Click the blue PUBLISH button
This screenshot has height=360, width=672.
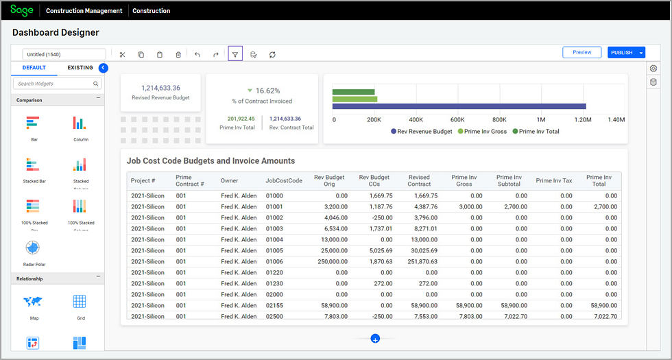click(x=621, y=53)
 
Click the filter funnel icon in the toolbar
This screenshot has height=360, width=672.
click(x=235, y=54)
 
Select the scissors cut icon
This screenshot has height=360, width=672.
click(x=122, y=54)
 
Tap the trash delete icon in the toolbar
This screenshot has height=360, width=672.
click(x=178, y=54)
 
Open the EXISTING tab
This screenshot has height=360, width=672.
click(x=80, y=68)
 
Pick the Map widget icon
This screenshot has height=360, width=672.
click(x=34, y=302)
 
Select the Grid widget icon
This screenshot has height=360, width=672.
click(x=80, y=302)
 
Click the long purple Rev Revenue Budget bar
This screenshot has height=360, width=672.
click(x=459, y=106)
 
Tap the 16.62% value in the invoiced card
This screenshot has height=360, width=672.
click(x=267, y=91)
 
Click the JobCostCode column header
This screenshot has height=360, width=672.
click(x=284, y=181)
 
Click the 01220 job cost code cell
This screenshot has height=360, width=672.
click(x=274, y=272)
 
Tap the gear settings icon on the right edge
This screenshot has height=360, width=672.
click(x=653, y=69)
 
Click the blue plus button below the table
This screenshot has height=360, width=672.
click(x=375, y=339)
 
